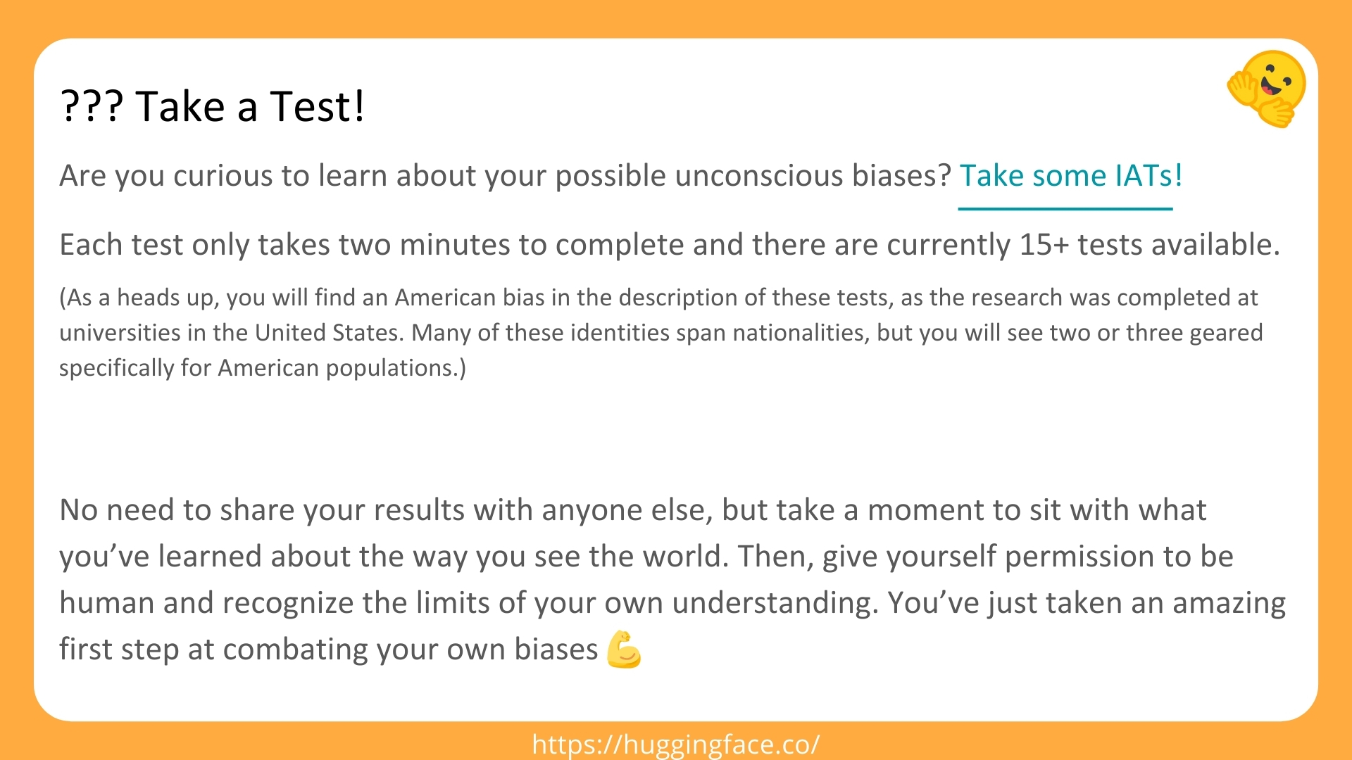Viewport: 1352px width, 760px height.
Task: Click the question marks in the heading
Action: point(92,107)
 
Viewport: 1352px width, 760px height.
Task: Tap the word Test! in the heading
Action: point(317,107)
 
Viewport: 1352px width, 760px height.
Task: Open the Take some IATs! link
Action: point(1070,176)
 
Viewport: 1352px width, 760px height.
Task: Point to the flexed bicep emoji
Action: point(624,649)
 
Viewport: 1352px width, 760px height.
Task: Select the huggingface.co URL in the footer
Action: point(676,744)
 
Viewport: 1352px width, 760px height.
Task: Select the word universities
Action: point(119,333)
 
